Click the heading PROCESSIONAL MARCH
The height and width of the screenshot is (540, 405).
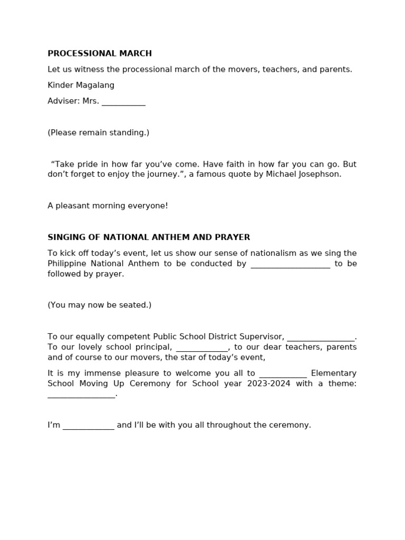[100, 53]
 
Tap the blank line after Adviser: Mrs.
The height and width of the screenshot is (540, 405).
[123, 102]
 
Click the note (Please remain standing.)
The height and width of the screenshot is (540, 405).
[99, 132]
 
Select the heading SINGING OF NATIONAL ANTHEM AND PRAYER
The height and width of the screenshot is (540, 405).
[149, 237]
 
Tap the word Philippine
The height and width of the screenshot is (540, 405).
[66, 264]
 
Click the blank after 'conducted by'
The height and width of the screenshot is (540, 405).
[290, 264]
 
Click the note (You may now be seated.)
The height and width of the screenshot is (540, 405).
[100, 305]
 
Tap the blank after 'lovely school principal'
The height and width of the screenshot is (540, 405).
[201, 348]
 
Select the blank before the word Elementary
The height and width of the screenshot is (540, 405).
[283, 374]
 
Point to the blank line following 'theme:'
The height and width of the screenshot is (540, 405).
[81, 394]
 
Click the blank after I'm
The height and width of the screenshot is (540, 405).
[88, 426]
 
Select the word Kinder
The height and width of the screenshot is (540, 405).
[59, 85]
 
